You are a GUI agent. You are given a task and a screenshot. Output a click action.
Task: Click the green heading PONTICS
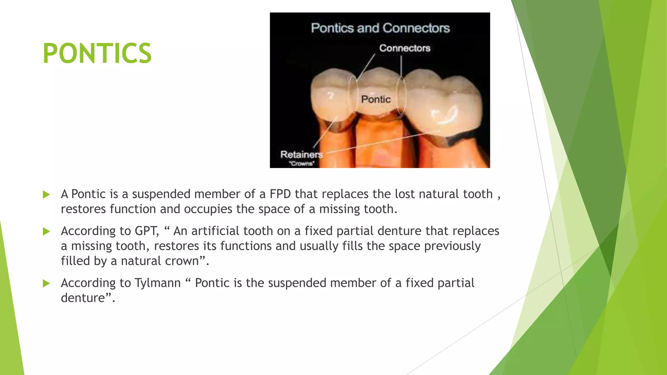click(97, 53)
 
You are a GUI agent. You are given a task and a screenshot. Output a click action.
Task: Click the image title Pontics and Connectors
click(380, 28)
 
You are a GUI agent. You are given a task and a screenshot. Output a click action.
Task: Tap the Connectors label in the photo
click(404, 48)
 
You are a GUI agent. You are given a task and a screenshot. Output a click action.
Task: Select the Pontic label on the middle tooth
click(376, 99)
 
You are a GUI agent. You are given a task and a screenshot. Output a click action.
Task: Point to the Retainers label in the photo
click(301, 154)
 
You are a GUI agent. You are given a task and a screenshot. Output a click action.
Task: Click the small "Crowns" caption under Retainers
click(302, 163)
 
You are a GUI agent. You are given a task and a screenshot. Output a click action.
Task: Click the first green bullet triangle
click(46, 195)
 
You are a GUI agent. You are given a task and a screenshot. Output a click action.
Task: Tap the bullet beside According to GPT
click(46, 231)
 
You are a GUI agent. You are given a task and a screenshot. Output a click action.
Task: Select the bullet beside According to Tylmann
click(46, 284)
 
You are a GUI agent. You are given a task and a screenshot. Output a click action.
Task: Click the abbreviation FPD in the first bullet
click(280, 194)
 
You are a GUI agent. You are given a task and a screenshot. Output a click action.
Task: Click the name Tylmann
click(158, 283)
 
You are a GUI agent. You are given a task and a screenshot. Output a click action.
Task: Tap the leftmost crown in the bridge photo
click(329, 98)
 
